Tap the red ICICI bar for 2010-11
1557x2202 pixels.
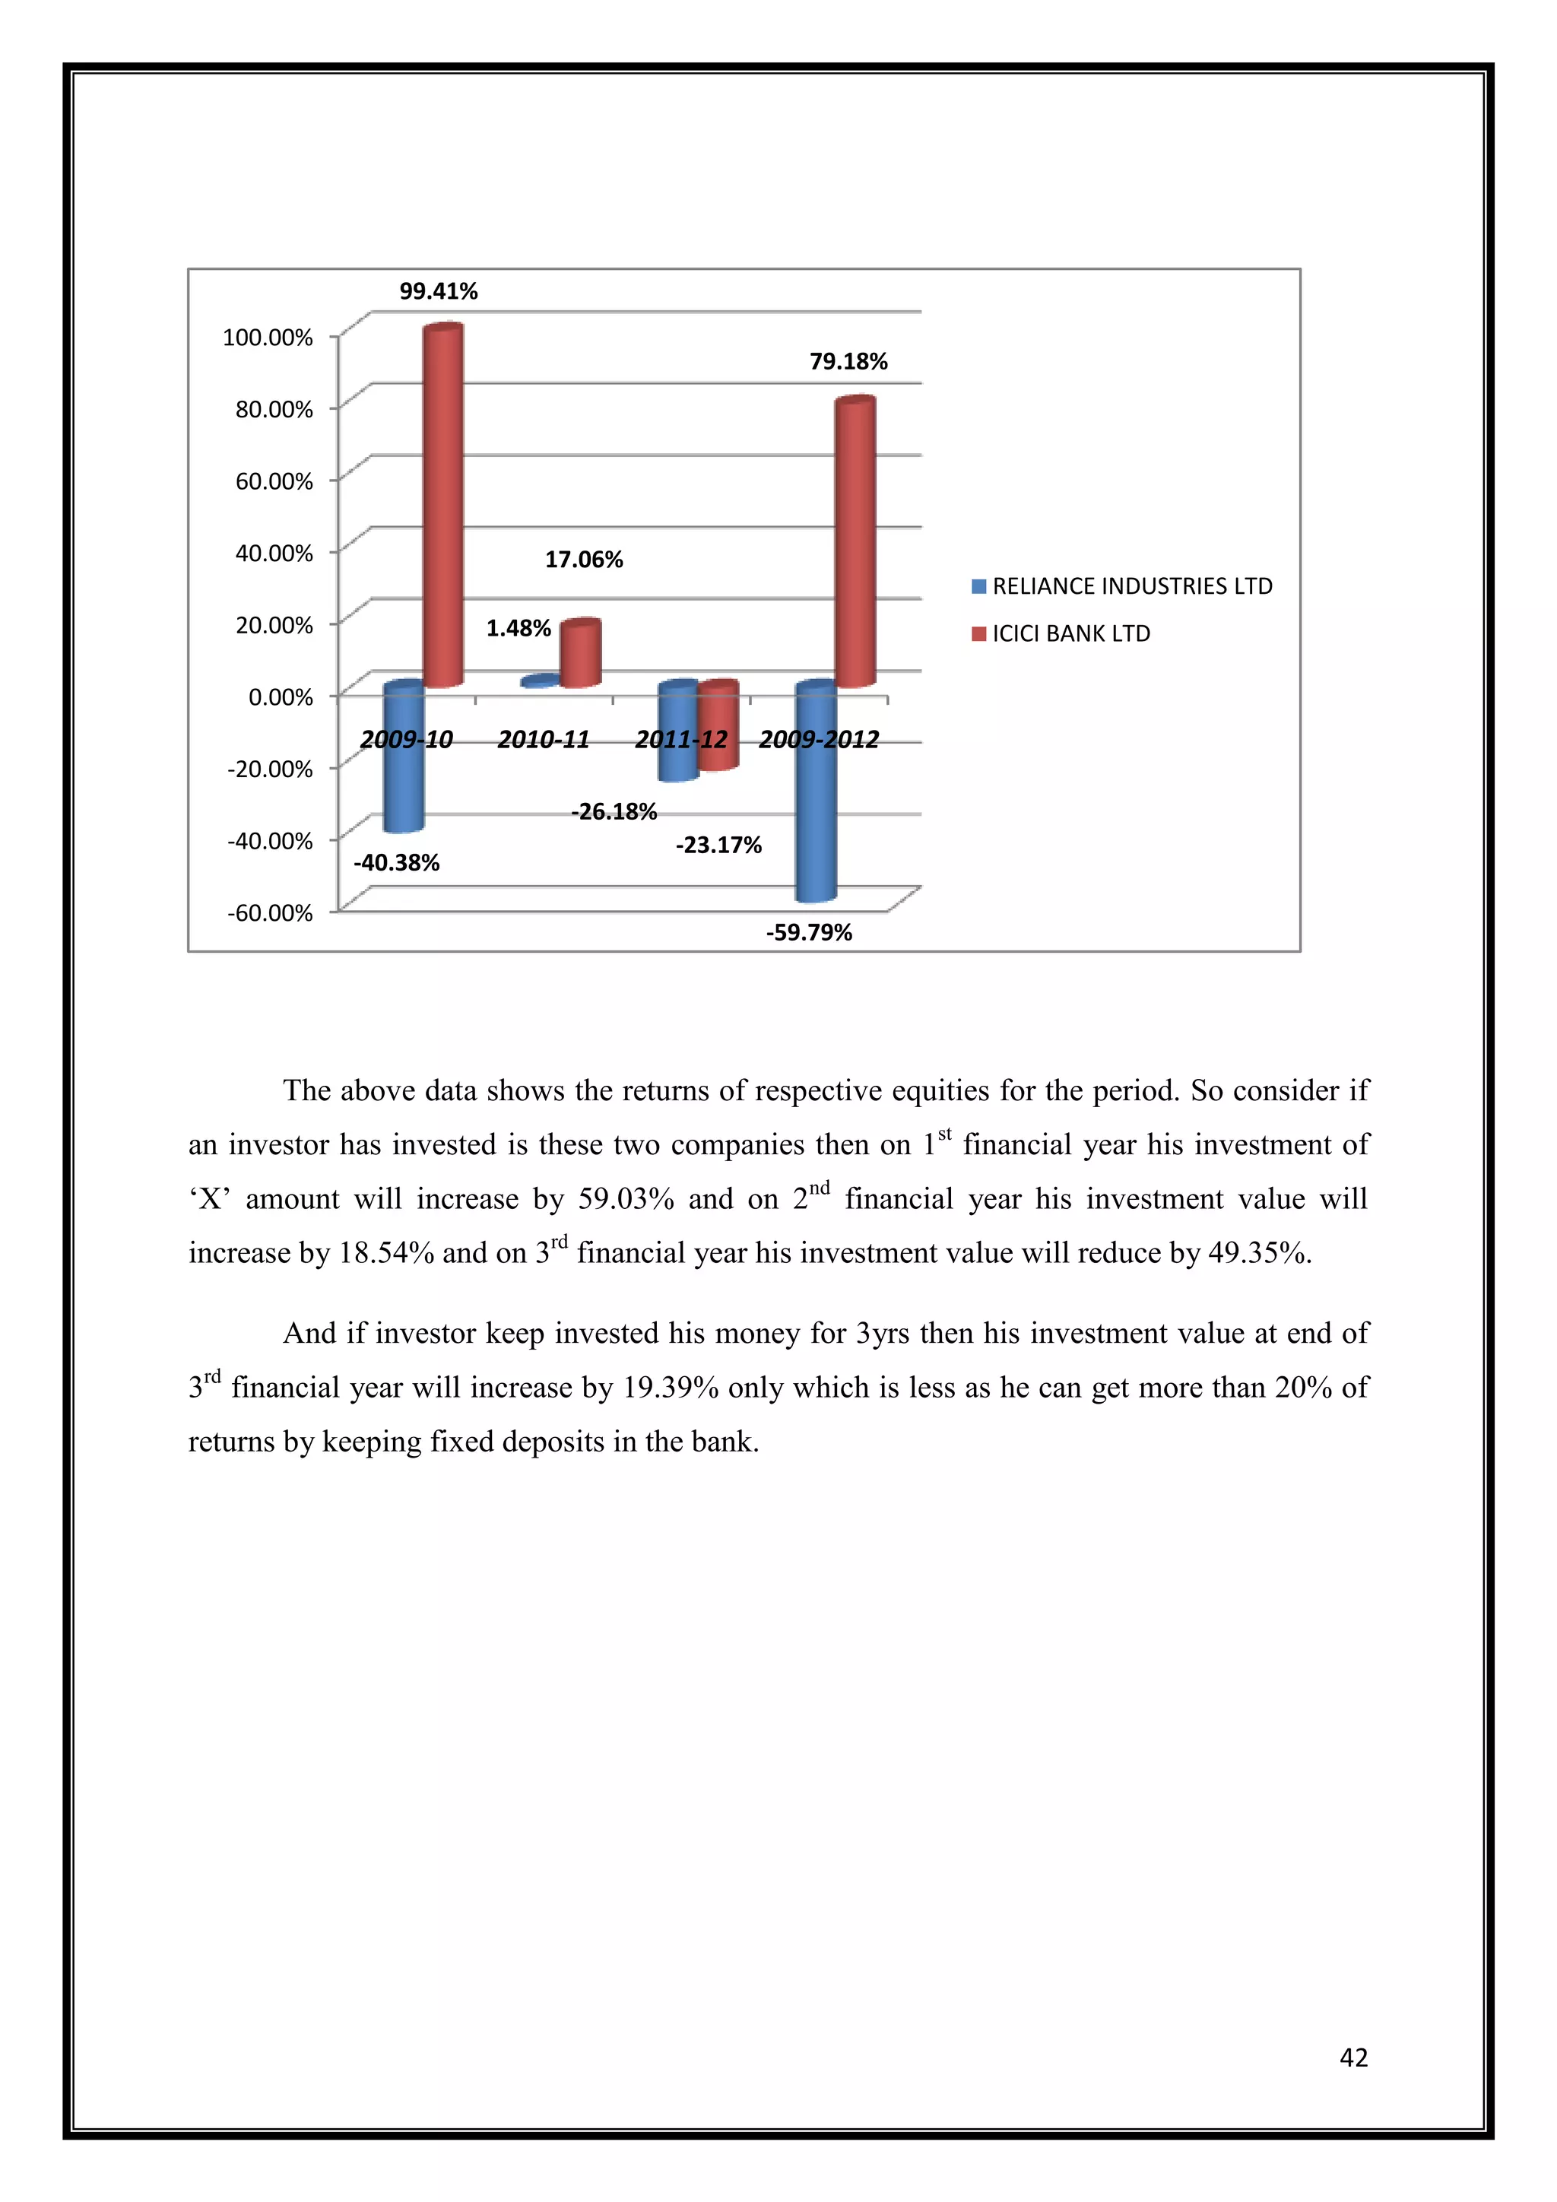pos(580,654)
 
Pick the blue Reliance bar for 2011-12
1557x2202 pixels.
pos(678,731)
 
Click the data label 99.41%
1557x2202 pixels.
pos(438,291)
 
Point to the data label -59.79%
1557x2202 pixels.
pos(808,933)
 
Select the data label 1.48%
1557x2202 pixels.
pos(518,628)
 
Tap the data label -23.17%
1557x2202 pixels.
pos(718,845)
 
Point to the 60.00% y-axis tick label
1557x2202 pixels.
pos(274,481)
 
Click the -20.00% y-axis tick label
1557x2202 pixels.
pos(269,769)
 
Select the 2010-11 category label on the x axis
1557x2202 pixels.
pos(543,739)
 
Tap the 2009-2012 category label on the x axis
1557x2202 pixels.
pos(819,739)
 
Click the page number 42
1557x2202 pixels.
pos(1352,2058)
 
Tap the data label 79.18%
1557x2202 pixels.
pos(848,363)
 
